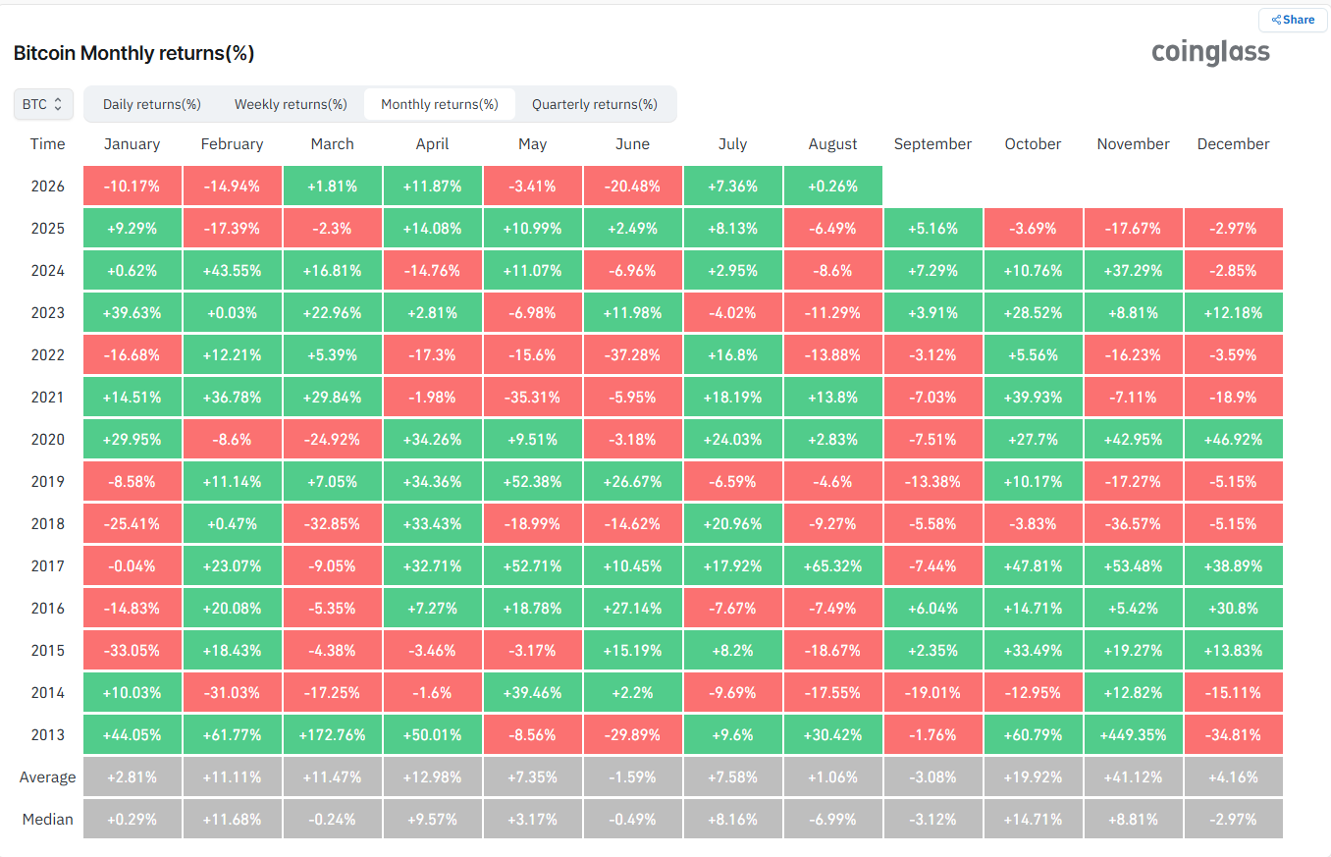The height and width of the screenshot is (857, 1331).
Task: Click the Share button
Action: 1293,20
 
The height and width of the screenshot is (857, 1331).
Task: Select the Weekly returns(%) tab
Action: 291,104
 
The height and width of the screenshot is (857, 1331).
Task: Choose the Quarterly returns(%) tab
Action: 594,104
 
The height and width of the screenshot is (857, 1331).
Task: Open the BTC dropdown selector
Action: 43,104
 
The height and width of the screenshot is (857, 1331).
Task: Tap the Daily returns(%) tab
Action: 151,104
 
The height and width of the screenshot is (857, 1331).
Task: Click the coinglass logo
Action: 1210,52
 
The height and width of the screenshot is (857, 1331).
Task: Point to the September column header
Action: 932,144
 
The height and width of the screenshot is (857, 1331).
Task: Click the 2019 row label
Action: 47,481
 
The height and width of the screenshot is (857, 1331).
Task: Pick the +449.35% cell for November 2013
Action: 1133,734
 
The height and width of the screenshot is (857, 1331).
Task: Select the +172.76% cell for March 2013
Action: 332,734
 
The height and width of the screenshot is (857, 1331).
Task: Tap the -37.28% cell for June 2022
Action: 632,354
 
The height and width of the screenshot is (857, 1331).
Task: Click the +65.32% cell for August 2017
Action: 832,565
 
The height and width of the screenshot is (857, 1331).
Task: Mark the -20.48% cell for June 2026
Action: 632,186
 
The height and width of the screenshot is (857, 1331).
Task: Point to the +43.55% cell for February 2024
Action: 232,270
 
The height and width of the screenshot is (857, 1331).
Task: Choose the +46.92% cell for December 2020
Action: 1233,439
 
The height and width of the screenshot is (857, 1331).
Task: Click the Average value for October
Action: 1033,777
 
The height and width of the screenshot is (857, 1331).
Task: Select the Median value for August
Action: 832,819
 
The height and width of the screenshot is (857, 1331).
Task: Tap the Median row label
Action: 47,819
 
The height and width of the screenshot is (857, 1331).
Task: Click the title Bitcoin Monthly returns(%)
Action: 133,53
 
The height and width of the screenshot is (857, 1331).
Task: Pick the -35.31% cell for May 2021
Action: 532,397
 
